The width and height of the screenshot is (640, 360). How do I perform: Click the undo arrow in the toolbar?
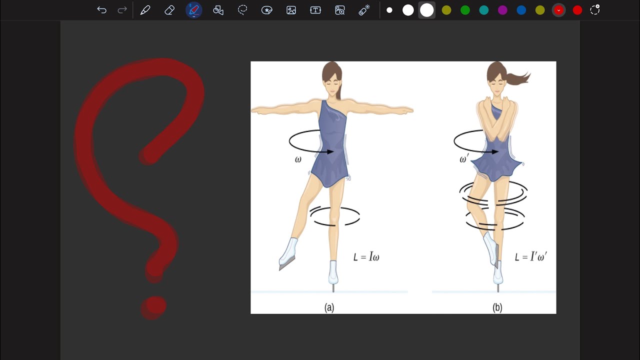tap(101, 10)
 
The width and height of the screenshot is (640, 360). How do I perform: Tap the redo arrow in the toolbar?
tap(122, 10)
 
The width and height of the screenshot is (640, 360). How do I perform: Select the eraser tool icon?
tap(169, 10)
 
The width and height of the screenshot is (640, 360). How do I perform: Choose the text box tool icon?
tap(315, 10)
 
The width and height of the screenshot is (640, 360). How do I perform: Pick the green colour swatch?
tap(465, 10)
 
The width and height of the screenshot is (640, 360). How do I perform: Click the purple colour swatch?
tap(502, 10)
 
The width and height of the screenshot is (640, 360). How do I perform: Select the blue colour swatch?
tap(521, 10)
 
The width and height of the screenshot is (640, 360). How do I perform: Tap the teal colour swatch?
tap(483, 10)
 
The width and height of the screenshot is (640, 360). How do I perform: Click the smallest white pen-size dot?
tap(389, 10)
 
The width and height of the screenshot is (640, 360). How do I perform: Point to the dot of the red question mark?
tap(154, 307)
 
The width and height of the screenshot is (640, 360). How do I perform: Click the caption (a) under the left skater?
tap(329, 307)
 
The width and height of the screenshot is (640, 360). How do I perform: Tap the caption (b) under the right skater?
tap(497, 307)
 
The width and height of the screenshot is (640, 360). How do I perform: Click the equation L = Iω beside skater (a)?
tap(366, 256)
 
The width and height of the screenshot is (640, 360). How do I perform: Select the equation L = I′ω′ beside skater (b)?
tap(531, 256)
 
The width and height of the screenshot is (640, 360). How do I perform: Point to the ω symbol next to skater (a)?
tap(298, 159)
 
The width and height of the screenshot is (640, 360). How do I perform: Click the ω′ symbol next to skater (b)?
tap(463, 158)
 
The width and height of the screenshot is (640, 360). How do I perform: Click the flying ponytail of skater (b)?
tap(518, 78)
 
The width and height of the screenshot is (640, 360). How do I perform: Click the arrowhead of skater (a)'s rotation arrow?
tap(330, 151)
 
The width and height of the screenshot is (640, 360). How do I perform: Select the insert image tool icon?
tap(291, 10)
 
